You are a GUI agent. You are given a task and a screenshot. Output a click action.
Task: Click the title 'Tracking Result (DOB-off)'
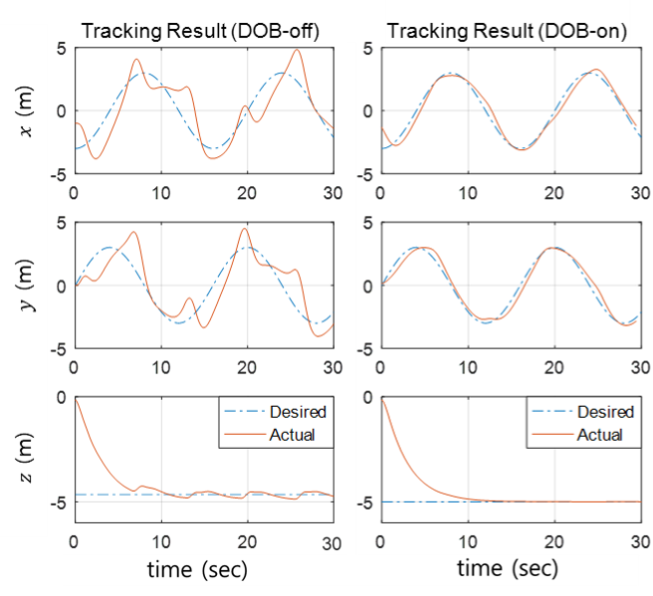coord(200,31)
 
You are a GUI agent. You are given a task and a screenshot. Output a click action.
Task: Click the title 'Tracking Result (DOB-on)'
coord(507,31)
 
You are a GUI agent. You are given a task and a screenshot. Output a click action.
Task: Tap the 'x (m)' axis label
coord(26,111)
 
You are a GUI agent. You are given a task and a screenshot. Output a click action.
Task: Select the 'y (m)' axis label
coord(27,286)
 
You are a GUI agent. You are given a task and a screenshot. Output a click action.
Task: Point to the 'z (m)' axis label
coord(26,458)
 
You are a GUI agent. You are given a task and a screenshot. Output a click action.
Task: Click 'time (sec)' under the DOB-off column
coord(197,569)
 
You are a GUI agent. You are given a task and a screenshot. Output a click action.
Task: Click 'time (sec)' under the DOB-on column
coord(508,568)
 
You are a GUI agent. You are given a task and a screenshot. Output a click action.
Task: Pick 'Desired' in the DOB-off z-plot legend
coord(298,412)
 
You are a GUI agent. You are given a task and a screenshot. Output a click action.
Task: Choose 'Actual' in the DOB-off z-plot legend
coord(292,435)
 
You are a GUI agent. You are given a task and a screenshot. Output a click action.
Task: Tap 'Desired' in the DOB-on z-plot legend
coord(605,412)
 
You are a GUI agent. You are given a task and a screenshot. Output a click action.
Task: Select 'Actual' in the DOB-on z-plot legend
coord(599,435)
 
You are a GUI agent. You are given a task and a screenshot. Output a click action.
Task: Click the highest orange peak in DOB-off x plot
coord(297,50)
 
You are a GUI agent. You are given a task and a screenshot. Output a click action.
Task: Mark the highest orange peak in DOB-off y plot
coord(245,228)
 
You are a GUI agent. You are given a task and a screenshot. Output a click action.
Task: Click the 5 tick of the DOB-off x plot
coord(62,49)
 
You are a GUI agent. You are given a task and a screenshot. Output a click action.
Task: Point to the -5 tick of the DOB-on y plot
coord(364,349)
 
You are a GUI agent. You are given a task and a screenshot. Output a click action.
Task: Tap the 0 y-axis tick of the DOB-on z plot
coord(367,397)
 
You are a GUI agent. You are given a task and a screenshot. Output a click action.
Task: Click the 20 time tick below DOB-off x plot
coord(247,193)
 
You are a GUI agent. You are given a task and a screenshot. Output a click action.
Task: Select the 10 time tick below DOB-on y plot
coord(468,367)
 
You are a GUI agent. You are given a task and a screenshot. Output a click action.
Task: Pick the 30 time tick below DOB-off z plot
coord(331,543)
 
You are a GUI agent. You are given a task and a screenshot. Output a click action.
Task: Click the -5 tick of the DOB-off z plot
coord(59,502)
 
